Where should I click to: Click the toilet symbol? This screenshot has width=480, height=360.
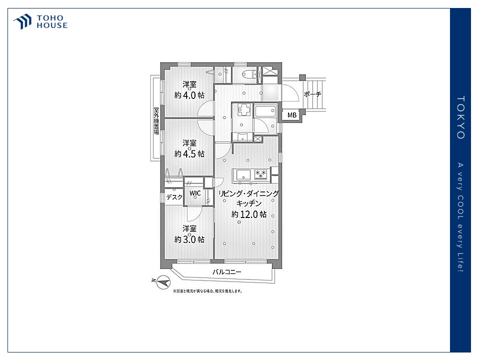[x=248, y=74]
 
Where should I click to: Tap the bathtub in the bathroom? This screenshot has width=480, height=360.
[x=265, y=111]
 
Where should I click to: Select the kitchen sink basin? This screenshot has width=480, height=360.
[x=243, y=175]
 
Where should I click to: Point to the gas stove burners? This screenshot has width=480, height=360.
[x=260, y=174]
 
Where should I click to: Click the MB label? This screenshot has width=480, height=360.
[x=291, y=115]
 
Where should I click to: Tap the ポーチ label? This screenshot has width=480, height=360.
[x=312, y=94]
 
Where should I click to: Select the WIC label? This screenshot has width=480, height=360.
[x=195, y=193]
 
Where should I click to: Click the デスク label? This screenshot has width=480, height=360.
[x=174, y=197]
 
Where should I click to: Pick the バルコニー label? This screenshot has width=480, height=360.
[x=227, y=271]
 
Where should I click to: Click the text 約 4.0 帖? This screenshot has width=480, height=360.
[x=189, y=95]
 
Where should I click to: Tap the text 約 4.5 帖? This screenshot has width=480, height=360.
[x=189, y=153]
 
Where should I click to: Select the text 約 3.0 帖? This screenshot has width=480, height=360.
[x=189, y=239]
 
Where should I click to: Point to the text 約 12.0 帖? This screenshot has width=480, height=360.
[x=249, y=214]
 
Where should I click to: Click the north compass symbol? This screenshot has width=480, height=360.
[x=163, y=282]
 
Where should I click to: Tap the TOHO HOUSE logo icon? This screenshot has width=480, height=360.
[x=22, y=21]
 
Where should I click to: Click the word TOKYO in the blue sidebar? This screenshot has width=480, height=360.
[x=460, y=117]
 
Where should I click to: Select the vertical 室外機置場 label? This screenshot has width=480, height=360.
[x=156, y=121]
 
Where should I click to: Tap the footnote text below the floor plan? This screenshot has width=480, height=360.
[x=208, y=291]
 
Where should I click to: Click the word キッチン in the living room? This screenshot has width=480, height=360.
[x=249, y=203]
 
